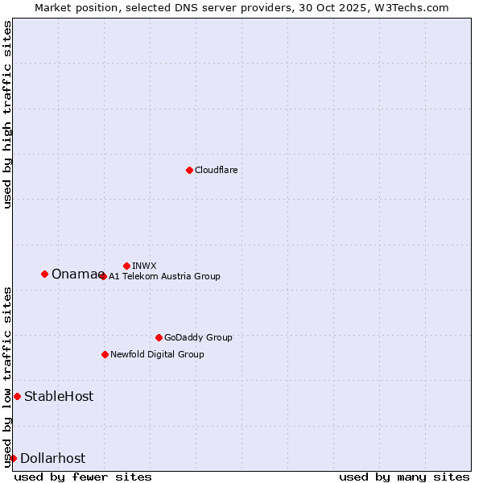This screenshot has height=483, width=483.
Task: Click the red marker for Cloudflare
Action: (x=189, y=170)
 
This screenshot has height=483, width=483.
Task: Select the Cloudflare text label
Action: (x=216, y=170)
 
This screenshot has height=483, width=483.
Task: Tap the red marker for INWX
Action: (x=126, y=266)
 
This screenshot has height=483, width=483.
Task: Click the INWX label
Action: (x=144, y=266)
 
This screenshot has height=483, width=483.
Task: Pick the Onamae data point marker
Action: (x=44, y=274)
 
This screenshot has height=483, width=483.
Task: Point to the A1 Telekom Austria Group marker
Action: (x=103, y=276)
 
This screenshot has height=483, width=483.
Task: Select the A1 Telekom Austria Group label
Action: (x=164, y=276)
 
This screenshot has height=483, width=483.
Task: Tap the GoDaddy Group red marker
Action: (x=159, y=337)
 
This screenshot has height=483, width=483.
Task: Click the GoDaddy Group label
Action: (x=198, y=337)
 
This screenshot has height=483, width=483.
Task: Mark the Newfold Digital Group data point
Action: (x=105, y=354)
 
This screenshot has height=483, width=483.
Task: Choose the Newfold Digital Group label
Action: (x=157, y=354)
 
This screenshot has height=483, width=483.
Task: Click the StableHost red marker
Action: (x=17, y=396)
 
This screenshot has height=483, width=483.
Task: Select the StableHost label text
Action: (x=59, y=396)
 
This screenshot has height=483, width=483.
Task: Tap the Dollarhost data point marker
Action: (x=13, y=458)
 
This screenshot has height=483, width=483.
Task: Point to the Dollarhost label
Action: (x=52, y=458)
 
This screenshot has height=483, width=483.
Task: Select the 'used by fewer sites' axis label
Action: (x=83, y=477)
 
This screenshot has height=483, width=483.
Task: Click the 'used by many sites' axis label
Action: (x=404, y=477)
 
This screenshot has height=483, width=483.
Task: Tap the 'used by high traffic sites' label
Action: (x=7, y=114)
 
